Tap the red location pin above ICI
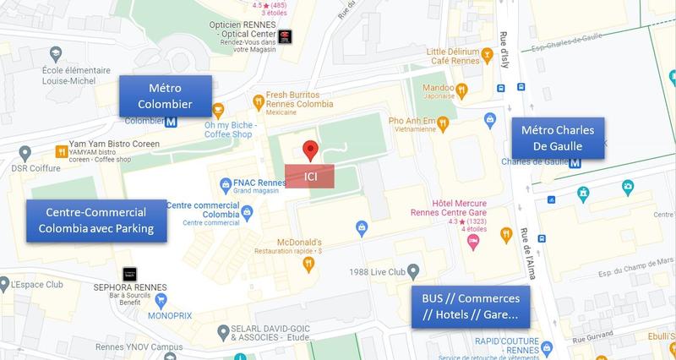(x=310, y=151)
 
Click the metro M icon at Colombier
(x=171, y=122)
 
